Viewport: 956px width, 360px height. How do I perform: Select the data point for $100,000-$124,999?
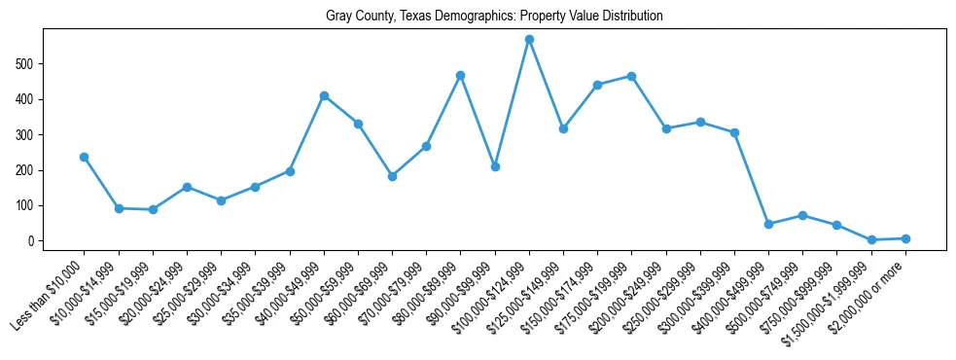[529, 40]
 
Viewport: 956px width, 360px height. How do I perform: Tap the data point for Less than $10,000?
[85, 157]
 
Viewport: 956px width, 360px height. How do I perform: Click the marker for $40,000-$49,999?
[324, 95]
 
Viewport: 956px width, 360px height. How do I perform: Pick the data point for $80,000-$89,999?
[460, 75]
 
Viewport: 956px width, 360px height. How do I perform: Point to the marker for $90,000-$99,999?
[495, 167]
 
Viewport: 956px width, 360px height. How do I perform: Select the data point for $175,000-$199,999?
[632, 76]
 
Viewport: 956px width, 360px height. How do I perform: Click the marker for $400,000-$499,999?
[768, 224]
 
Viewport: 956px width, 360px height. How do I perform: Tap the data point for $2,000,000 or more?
[905, 238]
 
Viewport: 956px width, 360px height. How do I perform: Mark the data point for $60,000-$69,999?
[392, 176]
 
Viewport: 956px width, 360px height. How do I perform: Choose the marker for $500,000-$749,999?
[802, 215]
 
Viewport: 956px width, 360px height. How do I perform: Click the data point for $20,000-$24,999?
[187, 187]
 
